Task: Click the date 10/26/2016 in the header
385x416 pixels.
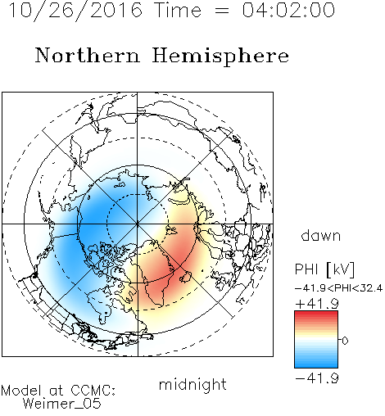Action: (x=75, y=11)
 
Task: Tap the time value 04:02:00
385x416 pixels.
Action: (x=288, y=11)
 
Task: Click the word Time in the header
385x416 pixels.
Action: (x=178, y=11)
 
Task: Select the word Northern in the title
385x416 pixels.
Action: (x=87, y=56)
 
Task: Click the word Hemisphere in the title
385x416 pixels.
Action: (x=220, y=57)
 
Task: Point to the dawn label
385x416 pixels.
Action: (x=321, y=235)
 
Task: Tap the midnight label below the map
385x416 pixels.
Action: (x=192, y=384)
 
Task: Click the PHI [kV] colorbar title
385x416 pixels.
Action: (x=324, y=269)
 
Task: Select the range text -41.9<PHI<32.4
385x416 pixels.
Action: (x=338, y=288)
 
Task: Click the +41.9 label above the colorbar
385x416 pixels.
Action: (x=317, y=304)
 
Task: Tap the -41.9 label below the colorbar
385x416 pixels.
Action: (x=317, y=378)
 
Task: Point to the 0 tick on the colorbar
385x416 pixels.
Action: (x=345, y=341)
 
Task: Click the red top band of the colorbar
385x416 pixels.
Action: (x=316, y=314)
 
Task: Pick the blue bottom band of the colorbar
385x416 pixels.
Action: (x=316, y=364)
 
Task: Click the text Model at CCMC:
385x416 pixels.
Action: (x=58, y=391)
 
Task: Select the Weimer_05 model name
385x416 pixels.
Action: (x=62, y=404)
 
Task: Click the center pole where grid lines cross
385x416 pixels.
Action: (x=138, y=224)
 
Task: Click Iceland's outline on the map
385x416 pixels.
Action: (x=185, y=277)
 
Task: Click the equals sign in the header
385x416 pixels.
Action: (x=222, y=11)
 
